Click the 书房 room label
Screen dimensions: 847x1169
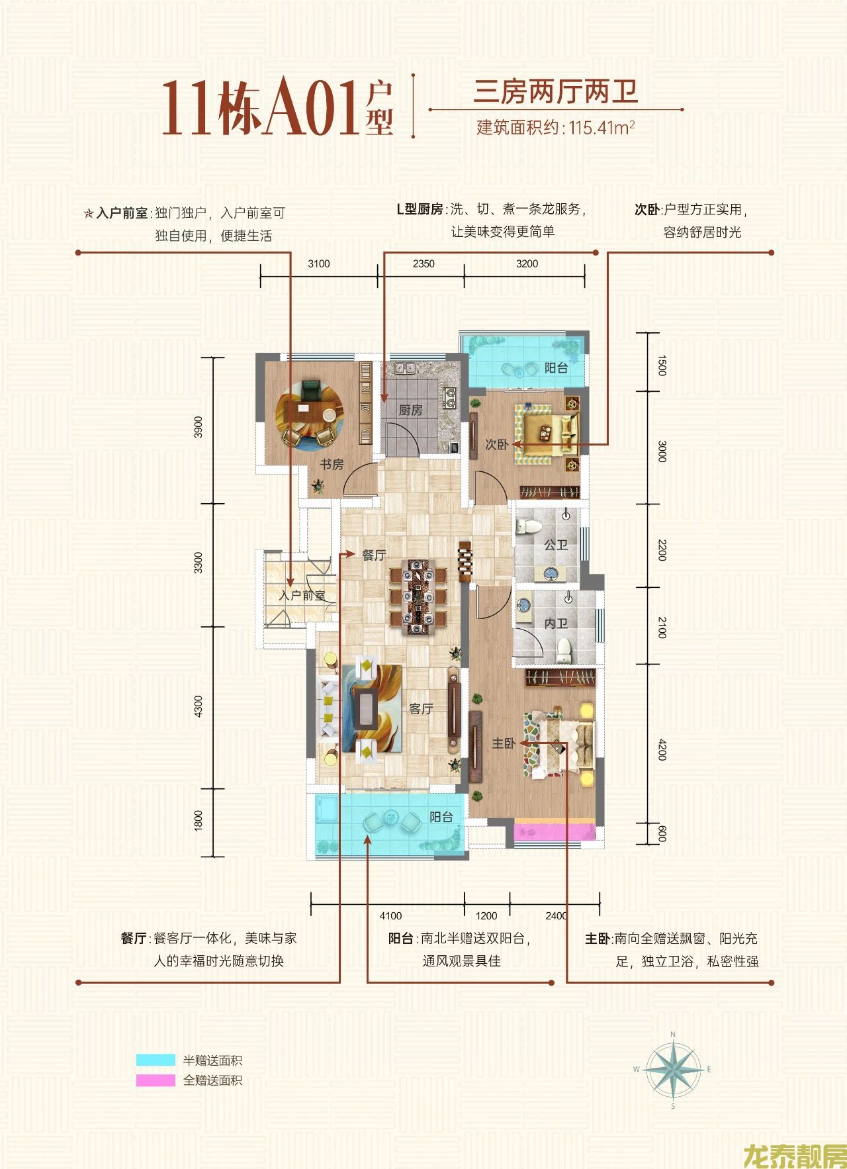pyautogui.click(x=332, y=464)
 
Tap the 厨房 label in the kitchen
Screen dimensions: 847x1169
pyautogui.click(x=410, y=410)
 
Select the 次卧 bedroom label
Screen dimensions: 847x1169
pyautogui.click(x=497, y=445)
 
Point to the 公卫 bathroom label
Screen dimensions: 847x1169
pyautogui.click(x=556, y=545)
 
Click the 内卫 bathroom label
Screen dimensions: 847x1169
pyautogui.click(x=556, y=624)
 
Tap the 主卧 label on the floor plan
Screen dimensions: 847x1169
pyautogui.click(x=504, y=744)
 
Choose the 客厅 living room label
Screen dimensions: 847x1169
pyautogui.click(x=421, y=709)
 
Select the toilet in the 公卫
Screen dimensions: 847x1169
pyautogui.click(x=528, y=527)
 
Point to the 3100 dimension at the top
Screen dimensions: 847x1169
pyautogui.click(x=318, y=263)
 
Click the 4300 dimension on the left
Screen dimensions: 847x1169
pyautogui.click(x=199, y=707)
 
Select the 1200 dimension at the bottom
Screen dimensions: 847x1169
pyautogui.click(x=486, y=916)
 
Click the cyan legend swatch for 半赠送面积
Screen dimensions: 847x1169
pyautogui.click(x=156, y=1060)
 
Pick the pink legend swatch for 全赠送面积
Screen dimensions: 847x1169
pyautogui.click(x=156, y=1080)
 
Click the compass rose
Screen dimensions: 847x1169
pyautogui.click(x=672, y=1068)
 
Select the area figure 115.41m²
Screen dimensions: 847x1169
pyautogui.click(x=598, y=127)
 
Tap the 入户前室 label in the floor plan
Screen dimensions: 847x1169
pyautogui.click(x=302, y=596)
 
